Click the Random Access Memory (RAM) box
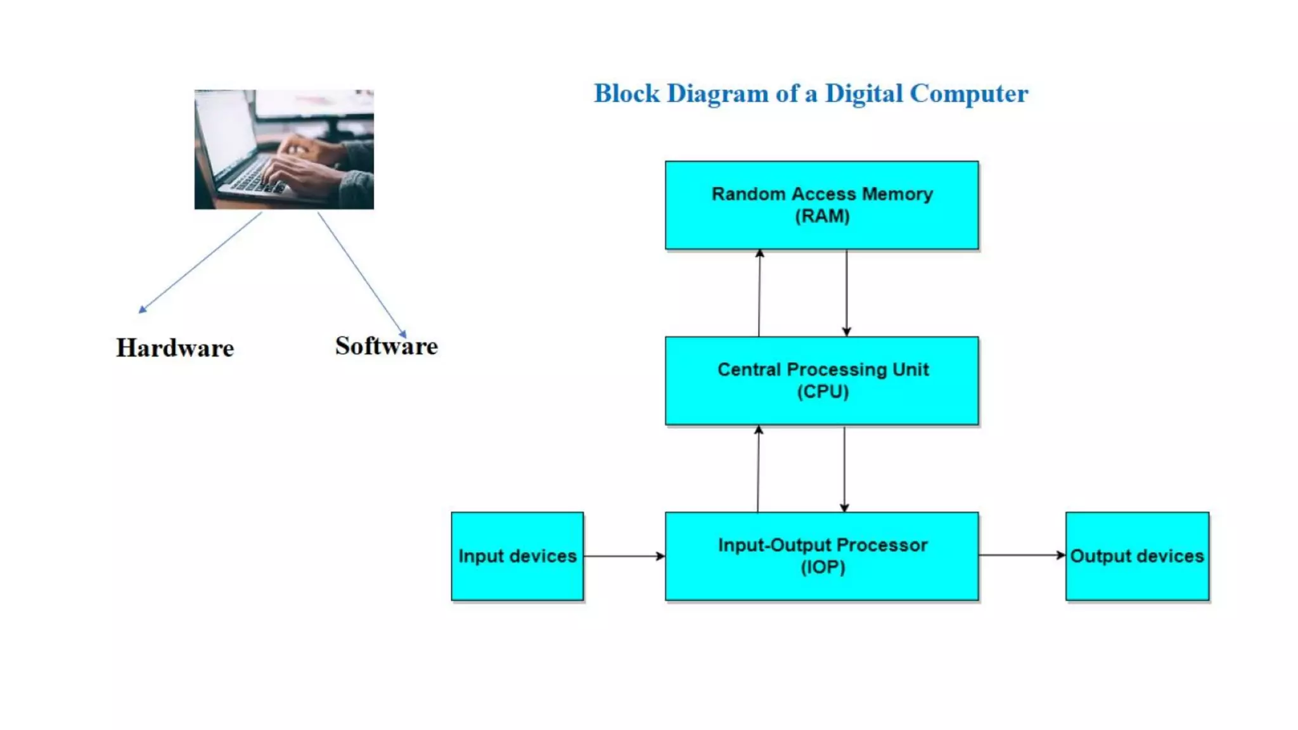[821, 205]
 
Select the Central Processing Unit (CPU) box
[821, 380]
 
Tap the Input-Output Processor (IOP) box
[821, 556]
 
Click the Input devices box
[517, 556]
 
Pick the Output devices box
[1137, 556]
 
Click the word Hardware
[175, 348]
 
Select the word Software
[386, 346]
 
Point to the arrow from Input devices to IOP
[624, 556]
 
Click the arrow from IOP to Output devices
[1022, 555]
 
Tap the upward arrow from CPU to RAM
[759, 293]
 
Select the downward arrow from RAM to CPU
[846, 293]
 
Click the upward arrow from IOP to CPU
[758, 469]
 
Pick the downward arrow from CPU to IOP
[844, 469]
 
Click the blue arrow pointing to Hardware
[200, 262]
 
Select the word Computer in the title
[968, 94]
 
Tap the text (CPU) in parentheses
[823, 392]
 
